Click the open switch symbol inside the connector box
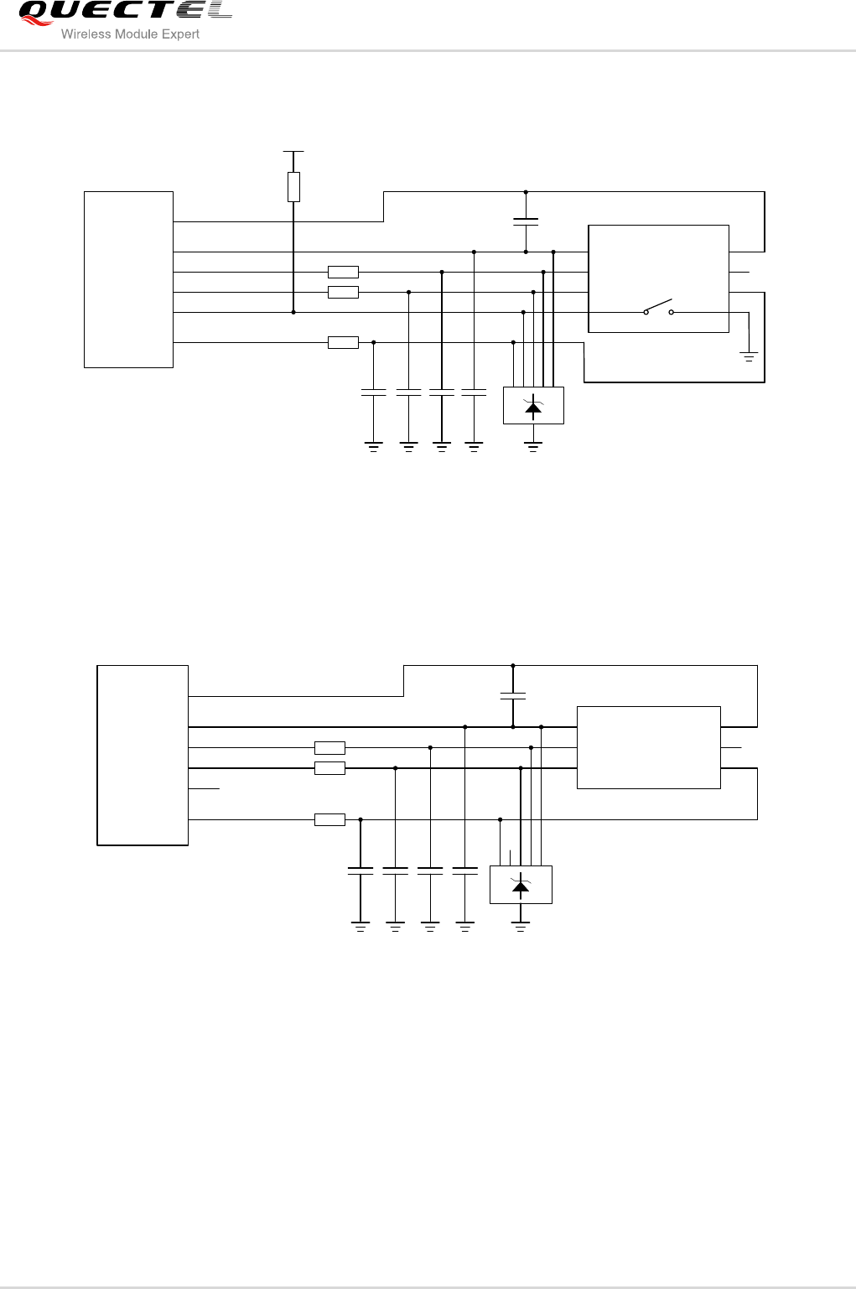click(x=658, y=309)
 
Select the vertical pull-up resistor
click(x=293, y=187)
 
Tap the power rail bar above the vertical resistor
click(x=293, y=152)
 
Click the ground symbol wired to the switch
click(x=749, y=357)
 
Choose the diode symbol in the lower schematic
click(x=521, y=886)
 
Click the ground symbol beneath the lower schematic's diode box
click(x=521, y=925)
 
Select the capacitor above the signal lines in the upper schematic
click(x=526, y=222)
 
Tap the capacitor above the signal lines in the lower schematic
click(x=513, y=696)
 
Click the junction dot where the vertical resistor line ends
click(x=293, y=312)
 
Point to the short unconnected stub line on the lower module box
click(x=205, y=788)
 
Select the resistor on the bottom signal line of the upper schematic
click(x=343, y=342)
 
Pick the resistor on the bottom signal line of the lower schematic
click(x=329, y=819)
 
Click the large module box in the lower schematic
click(x=143, y=755)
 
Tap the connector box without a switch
click(x=648, y=746)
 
